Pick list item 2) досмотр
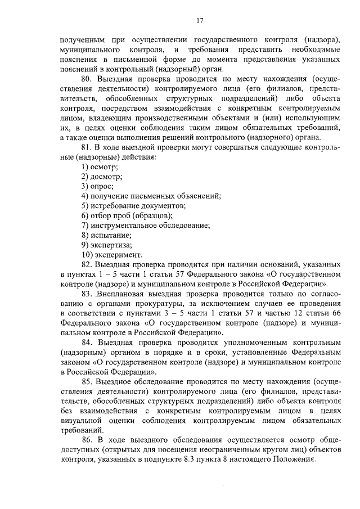[x=101, y=177]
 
